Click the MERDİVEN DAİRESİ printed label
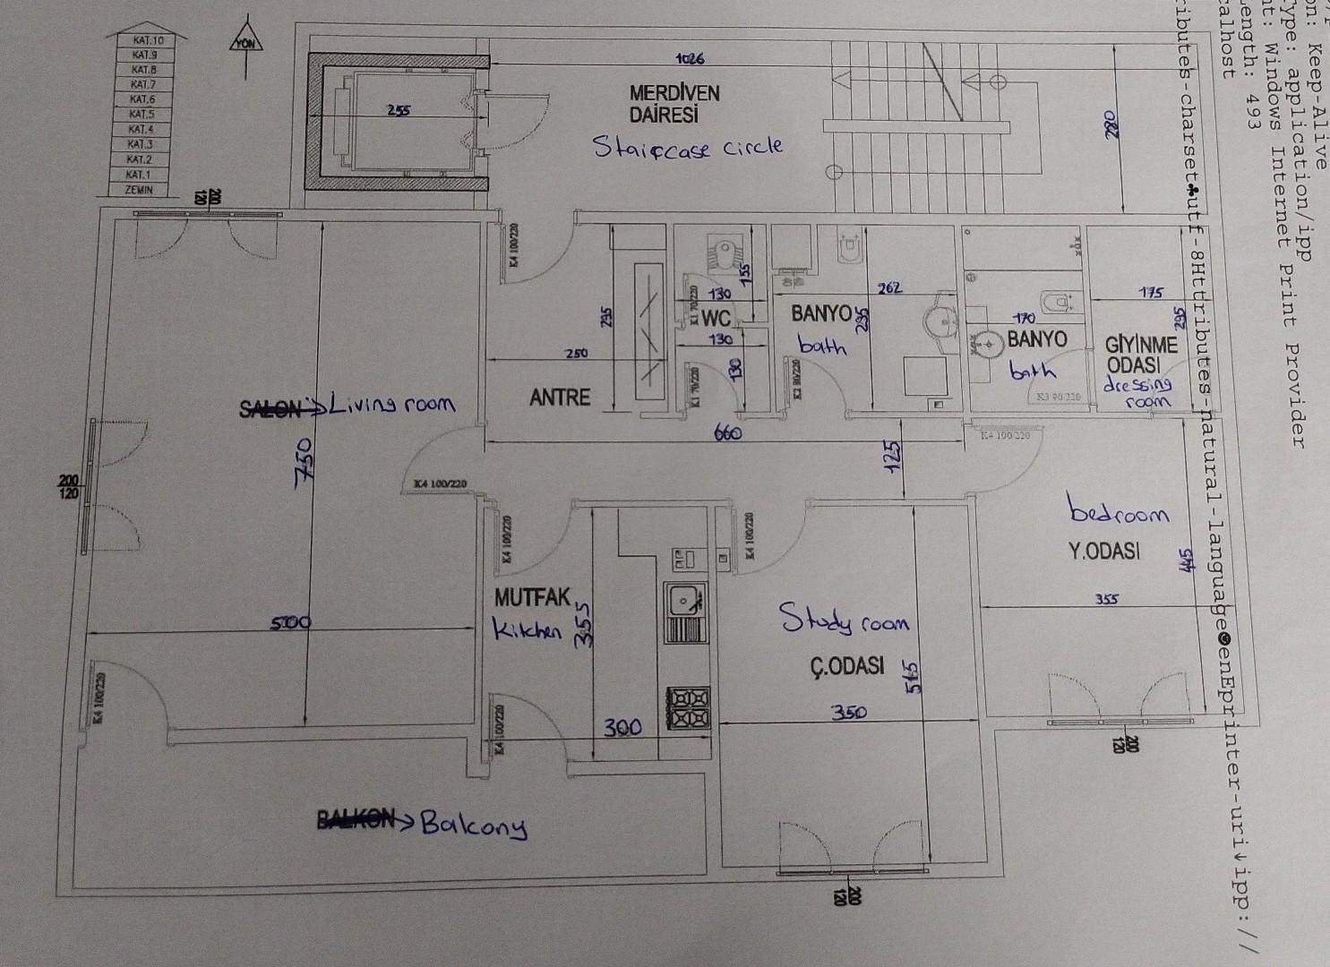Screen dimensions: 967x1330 674,104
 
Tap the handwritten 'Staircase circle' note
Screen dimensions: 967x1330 688,147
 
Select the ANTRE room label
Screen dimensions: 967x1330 560,397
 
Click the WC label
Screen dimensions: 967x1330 717,317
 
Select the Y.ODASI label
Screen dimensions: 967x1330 1103,552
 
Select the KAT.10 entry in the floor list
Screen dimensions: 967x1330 147,40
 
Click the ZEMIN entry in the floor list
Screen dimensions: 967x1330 139,190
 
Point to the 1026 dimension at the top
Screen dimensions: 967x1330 690,59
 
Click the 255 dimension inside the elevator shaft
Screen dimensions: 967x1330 399,111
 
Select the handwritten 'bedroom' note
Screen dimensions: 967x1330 1120,513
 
